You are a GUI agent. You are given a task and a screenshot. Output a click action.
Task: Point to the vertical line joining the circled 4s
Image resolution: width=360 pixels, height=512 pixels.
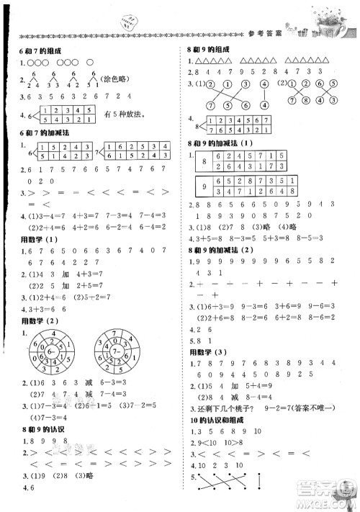click(264, 95)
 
